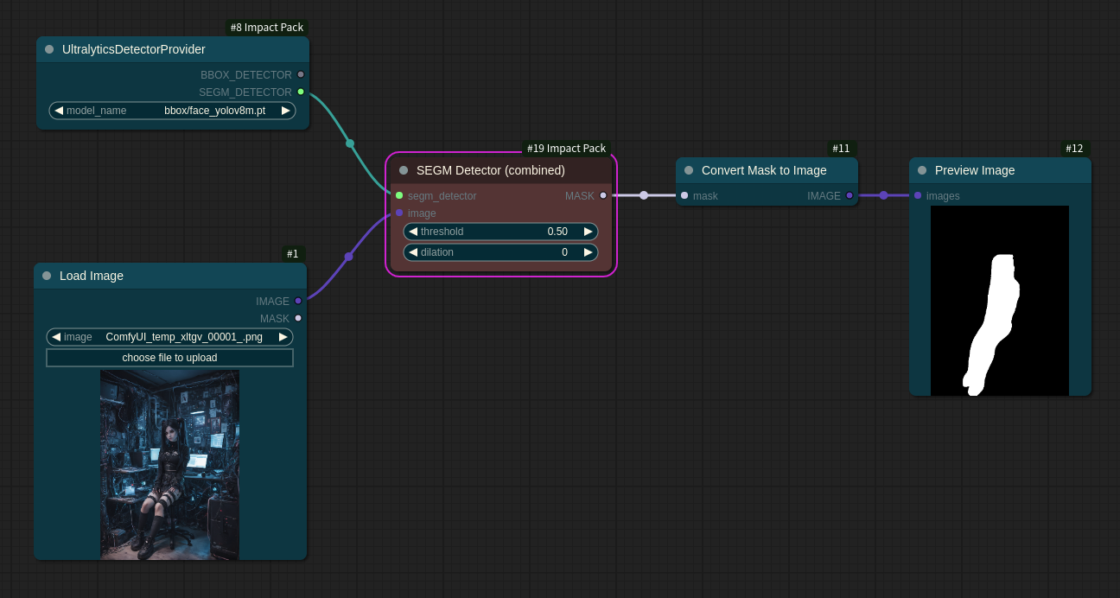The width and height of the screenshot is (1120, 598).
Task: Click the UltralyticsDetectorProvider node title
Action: click(133, 49)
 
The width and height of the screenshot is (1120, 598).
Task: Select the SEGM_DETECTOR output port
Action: click(301, 92)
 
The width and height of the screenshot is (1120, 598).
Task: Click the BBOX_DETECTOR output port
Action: click(301, 74)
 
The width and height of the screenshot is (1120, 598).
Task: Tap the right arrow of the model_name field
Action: click(285, 111)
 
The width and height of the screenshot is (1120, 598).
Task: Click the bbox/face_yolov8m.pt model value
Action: click(214, 111)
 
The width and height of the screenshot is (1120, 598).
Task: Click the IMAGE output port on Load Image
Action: click(298, 301)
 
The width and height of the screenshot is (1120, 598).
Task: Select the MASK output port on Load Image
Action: click(298, 318)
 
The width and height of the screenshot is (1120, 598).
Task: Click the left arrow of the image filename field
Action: click(56, 337)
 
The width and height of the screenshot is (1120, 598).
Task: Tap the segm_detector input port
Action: click(399, 195)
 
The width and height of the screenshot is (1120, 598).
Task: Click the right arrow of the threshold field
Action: click(589, 232)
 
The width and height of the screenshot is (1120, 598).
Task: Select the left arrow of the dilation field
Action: click(413, 252)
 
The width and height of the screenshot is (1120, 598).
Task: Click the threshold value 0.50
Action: click(557, 232)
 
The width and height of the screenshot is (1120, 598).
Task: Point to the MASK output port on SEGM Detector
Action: click(603, 195)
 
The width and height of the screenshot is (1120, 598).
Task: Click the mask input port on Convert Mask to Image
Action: click(684, 195)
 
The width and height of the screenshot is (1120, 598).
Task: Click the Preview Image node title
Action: click(975, 170)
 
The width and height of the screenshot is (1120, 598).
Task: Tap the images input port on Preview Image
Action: click(918, 195)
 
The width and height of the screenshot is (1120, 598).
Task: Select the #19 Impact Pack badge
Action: click(566, 149)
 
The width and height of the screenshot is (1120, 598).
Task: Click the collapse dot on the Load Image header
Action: click(47, 276)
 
